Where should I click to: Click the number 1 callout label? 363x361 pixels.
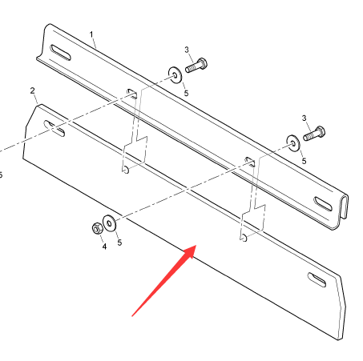[91, 34]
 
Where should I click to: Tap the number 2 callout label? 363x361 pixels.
[32, 90]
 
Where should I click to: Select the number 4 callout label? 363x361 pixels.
[104, 247]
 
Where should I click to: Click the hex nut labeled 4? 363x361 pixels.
[97, 229]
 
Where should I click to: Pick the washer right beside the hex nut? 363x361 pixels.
[109, 223]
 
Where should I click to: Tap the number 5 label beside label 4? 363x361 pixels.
[119, 243]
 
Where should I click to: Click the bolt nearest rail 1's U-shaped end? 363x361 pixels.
[314, 134]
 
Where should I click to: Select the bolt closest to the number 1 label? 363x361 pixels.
[196, 66]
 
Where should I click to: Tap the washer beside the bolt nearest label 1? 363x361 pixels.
[175, 75]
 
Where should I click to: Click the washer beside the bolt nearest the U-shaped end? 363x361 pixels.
[293, 143]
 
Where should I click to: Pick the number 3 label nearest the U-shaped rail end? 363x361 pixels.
[304, 118]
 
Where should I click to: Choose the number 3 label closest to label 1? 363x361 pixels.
[187, 50]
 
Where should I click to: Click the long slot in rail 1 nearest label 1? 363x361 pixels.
[61, 53]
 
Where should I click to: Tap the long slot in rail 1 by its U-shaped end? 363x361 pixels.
[323, 204]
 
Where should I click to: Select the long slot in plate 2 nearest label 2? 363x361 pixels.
[54, 129]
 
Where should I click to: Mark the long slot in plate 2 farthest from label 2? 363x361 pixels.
[317, 280]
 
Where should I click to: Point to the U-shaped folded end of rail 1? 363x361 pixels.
[343, 211]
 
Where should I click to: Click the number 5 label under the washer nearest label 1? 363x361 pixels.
[186, 93]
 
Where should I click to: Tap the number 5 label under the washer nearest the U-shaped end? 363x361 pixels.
[304, 161]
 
